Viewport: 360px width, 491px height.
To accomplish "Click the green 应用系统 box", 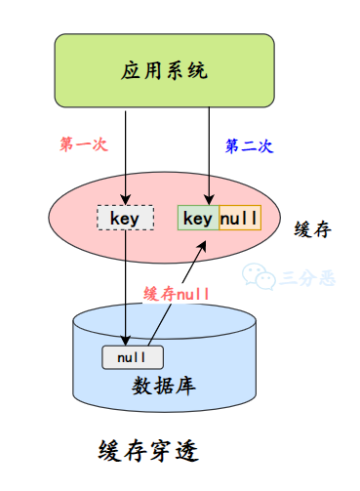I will coord(165,71).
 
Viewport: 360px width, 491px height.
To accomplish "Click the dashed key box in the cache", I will coord(125,218).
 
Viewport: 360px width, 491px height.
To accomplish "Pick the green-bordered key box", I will coord(198,218).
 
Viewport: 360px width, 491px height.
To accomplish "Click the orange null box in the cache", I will coord(239,218).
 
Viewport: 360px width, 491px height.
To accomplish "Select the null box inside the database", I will coord(132,357).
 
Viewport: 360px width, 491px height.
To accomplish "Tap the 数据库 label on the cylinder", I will coord(165,385).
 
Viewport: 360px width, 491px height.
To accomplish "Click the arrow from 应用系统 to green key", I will coord(211,156).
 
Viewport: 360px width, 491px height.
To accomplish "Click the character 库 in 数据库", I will coord(187,385).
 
